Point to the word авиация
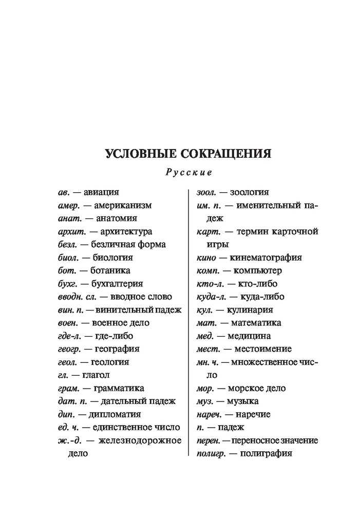tap(101, 192)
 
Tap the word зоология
tap(244, 192)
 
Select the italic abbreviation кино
tap(208, 258)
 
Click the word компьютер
tap(257, 270)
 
